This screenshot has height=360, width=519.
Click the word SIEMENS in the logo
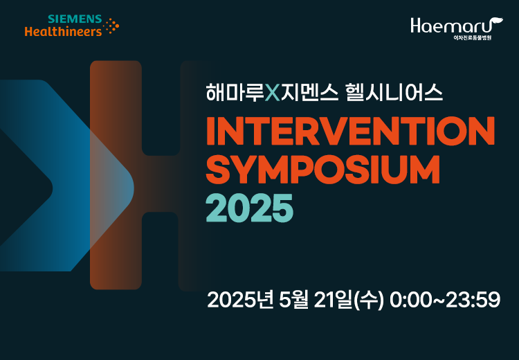(75, 19)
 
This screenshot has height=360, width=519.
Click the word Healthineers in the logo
(63, 31)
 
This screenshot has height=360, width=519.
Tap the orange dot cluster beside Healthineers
(111, 26)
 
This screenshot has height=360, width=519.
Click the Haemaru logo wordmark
(457, 26)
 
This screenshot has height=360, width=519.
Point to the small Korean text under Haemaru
(473, 38)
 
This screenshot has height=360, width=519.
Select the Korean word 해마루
(235, 93)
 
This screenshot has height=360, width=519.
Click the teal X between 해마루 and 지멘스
(273, 93)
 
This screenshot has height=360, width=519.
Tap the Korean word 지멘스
(309, 93)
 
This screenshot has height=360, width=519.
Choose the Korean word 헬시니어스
(394, 93)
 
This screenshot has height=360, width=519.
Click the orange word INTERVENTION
(351, 131)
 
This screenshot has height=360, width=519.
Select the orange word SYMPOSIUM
(323, 169)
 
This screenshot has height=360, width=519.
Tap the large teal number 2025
(250, 208)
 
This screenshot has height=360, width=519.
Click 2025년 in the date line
(240, 300)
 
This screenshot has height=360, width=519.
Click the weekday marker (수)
(369, 300)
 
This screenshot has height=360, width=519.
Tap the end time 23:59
(473, 300)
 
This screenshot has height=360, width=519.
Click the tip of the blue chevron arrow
(134, 189)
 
